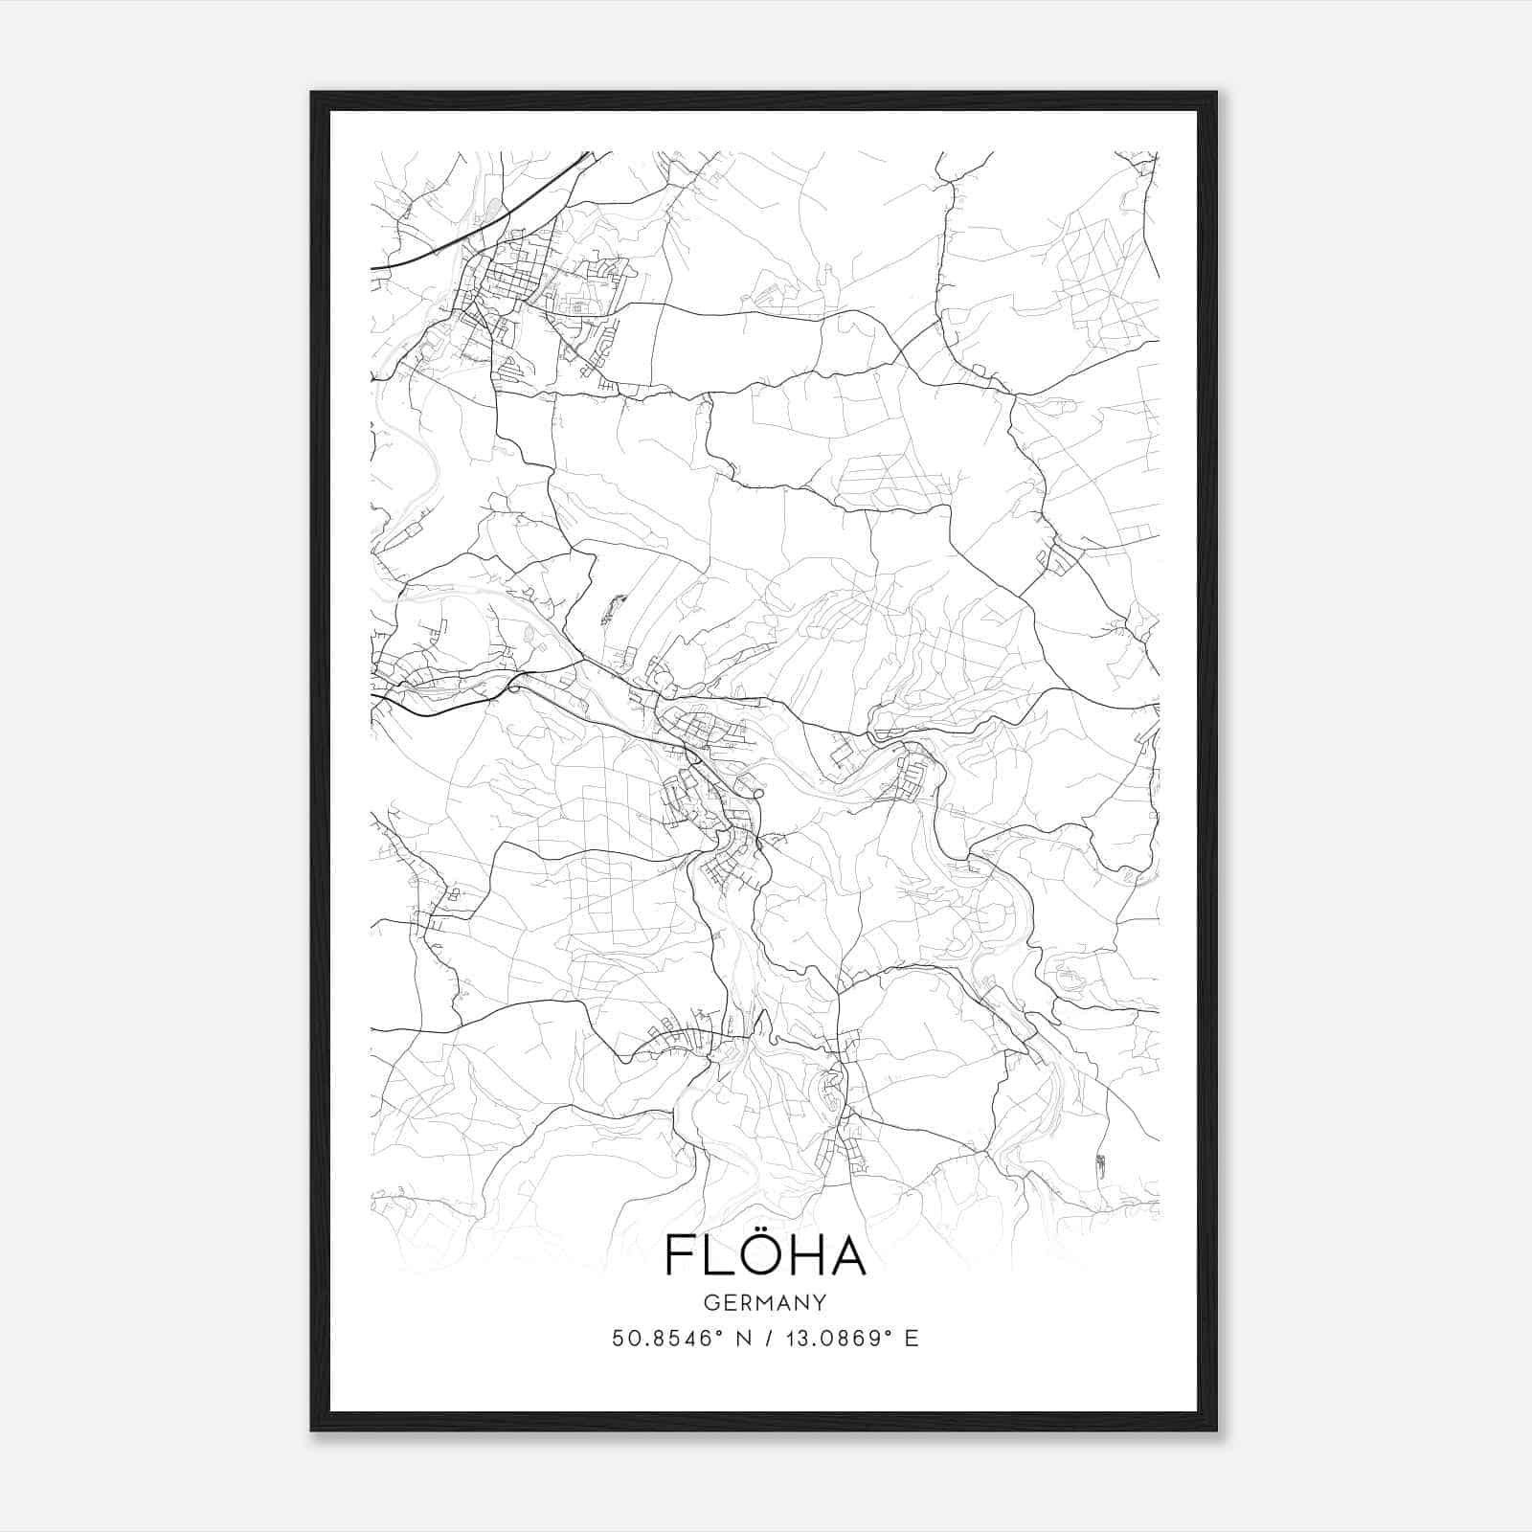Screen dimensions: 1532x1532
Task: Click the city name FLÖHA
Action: (x=765, y=1255)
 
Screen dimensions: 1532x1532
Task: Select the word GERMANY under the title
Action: (x=765, y=1303)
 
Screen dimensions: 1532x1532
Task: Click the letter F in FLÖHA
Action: (x=680, y=1256)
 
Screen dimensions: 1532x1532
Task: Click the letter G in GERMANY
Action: (x=710, y=1303)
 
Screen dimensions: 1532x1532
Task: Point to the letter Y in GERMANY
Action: (x=821, y=1303)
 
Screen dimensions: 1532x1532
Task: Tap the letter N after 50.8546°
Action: (x=742, y=1339)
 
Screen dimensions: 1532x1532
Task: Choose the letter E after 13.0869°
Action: (x=912, y=1339)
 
